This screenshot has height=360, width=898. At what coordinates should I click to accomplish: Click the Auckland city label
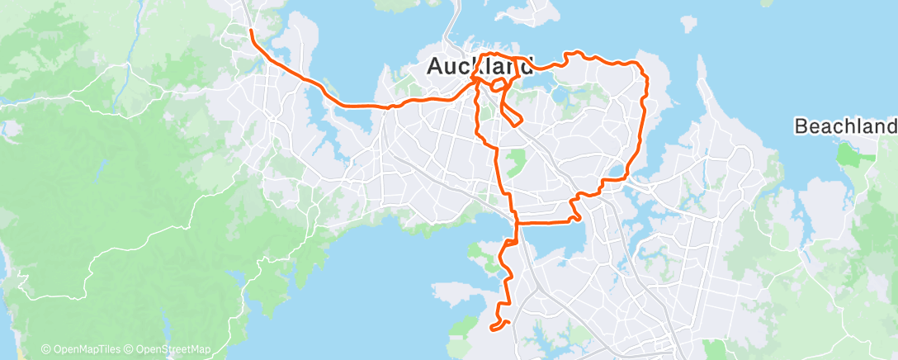pos(480,68)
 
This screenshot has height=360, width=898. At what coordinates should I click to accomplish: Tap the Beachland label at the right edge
pos(845,126)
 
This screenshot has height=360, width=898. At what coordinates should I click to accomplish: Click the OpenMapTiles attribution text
pos(86,350)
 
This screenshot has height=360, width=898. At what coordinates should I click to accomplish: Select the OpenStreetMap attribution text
pos(172,350)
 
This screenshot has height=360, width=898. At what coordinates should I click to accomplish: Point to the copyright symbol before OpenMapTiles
pos(45,350)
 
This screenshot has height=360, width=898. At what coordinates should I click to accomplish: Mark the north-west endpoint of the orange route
pos(251,31)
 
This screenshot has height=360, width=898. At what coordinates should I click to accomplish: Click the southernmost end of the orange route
pos(494,328)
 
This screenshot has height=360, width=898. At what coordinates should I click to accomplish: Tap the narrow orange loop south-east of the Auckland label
pos(513,116)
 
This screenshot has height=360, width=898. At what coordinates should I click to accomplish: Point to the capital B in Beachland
pos(801,126)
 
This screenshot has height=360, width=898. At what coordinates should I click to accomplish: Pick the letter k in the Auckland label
pos(480,68)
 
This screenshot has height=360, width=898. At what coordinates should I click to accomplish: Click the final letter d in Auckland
pos(525,68)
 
